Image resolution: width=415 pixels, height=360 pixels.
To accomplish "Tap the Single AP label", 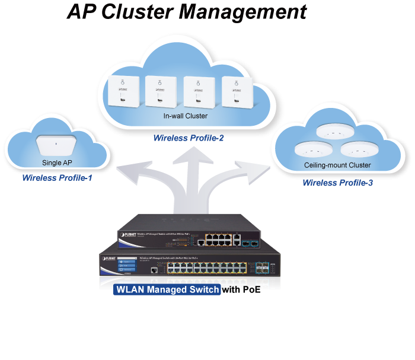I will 56,162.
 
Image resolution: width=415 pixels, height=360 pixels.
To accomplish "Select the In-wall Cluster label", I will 186,116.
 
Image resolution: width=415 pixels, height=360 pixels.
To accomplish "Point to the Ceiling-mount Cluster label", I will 337,165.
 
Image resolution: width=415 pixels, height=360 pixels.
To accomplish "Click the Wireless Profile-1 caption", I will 57,177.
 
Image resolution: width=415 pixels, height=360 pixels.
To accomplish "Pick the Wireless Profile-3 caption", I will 337,183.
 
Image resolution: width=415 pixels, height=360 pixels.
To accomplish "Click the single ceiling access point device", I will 57,145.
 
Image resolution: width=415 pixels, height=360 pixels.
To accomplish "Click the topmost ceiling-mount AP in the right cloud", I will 334,130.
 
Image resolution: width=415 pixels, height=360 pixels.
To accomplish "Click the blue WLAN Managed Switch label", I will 167,289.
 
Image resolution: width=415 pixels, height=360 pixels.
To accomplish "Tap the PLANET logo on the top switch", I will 127,235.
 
